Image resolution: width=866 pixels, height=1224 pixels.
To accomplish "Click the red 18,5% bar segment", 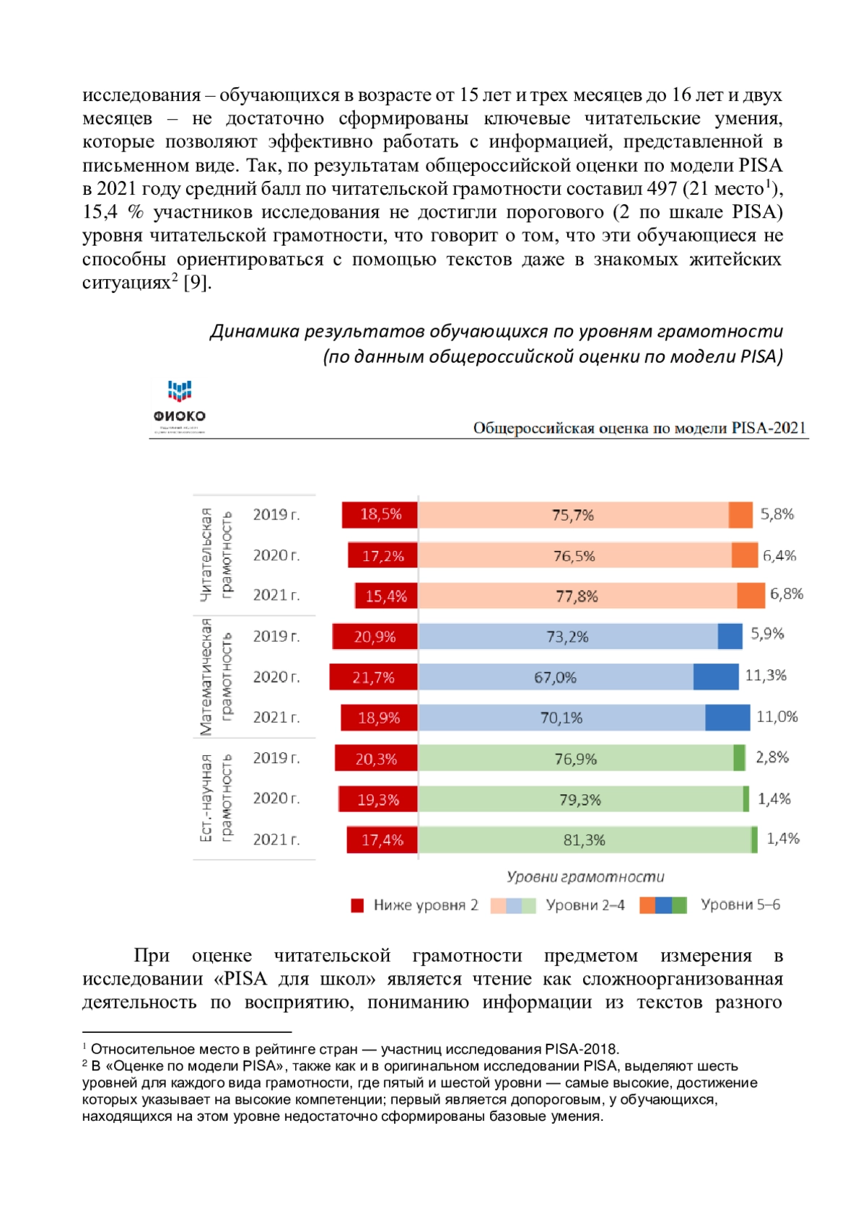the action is (x=380, y=515).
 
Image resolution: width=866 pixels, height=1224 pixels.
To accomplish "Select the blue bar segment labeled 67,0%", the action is (x=556, y=677).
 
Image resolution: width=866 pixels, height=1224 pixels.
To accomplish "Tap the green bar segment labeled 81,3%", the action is (x=585, y=840).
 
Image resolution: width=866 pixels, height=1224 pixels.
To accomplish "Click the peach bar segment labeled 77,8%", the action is (x=577, y=596).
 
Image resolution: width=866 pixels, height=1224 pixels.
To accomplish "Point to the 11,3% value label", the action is (x=766, y=676).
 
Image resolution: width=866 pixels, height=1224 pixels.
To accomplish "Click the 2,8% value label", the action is (x=772, y=757).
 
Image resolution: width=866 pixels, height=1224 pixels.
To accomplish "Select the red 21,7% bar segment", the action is (x=373, y=677).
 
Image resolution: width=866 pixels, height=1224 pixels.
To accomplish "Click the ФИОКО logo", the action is (x=179, y=406).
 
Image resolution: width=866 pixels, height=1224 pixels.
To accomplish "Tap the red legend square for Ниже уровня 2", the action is (x=357, y=905).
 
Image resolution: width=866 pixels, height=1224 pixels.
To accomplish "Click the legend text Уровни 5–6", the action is (x=740, y=905).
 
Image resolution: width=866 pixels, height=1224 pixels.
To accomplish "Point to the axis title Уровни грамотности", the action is (x=585, y=877).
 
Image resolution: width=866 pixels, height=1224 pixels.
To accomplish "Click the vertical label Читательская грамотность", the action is (x=216, y=555).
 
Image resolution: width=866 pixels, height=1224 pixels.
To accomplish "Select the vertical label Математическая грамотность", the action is (x=216, y=677).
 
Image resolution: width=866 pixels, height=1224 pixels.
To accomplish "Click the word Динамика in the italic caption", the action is (x=255, y=331).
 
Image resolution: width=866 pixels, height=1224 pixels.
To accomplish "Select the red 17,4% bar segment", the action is (x=382, y=840).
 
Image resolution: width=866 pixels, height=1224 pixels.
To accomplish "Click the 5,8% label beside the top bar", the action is (x=777, y=514).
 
